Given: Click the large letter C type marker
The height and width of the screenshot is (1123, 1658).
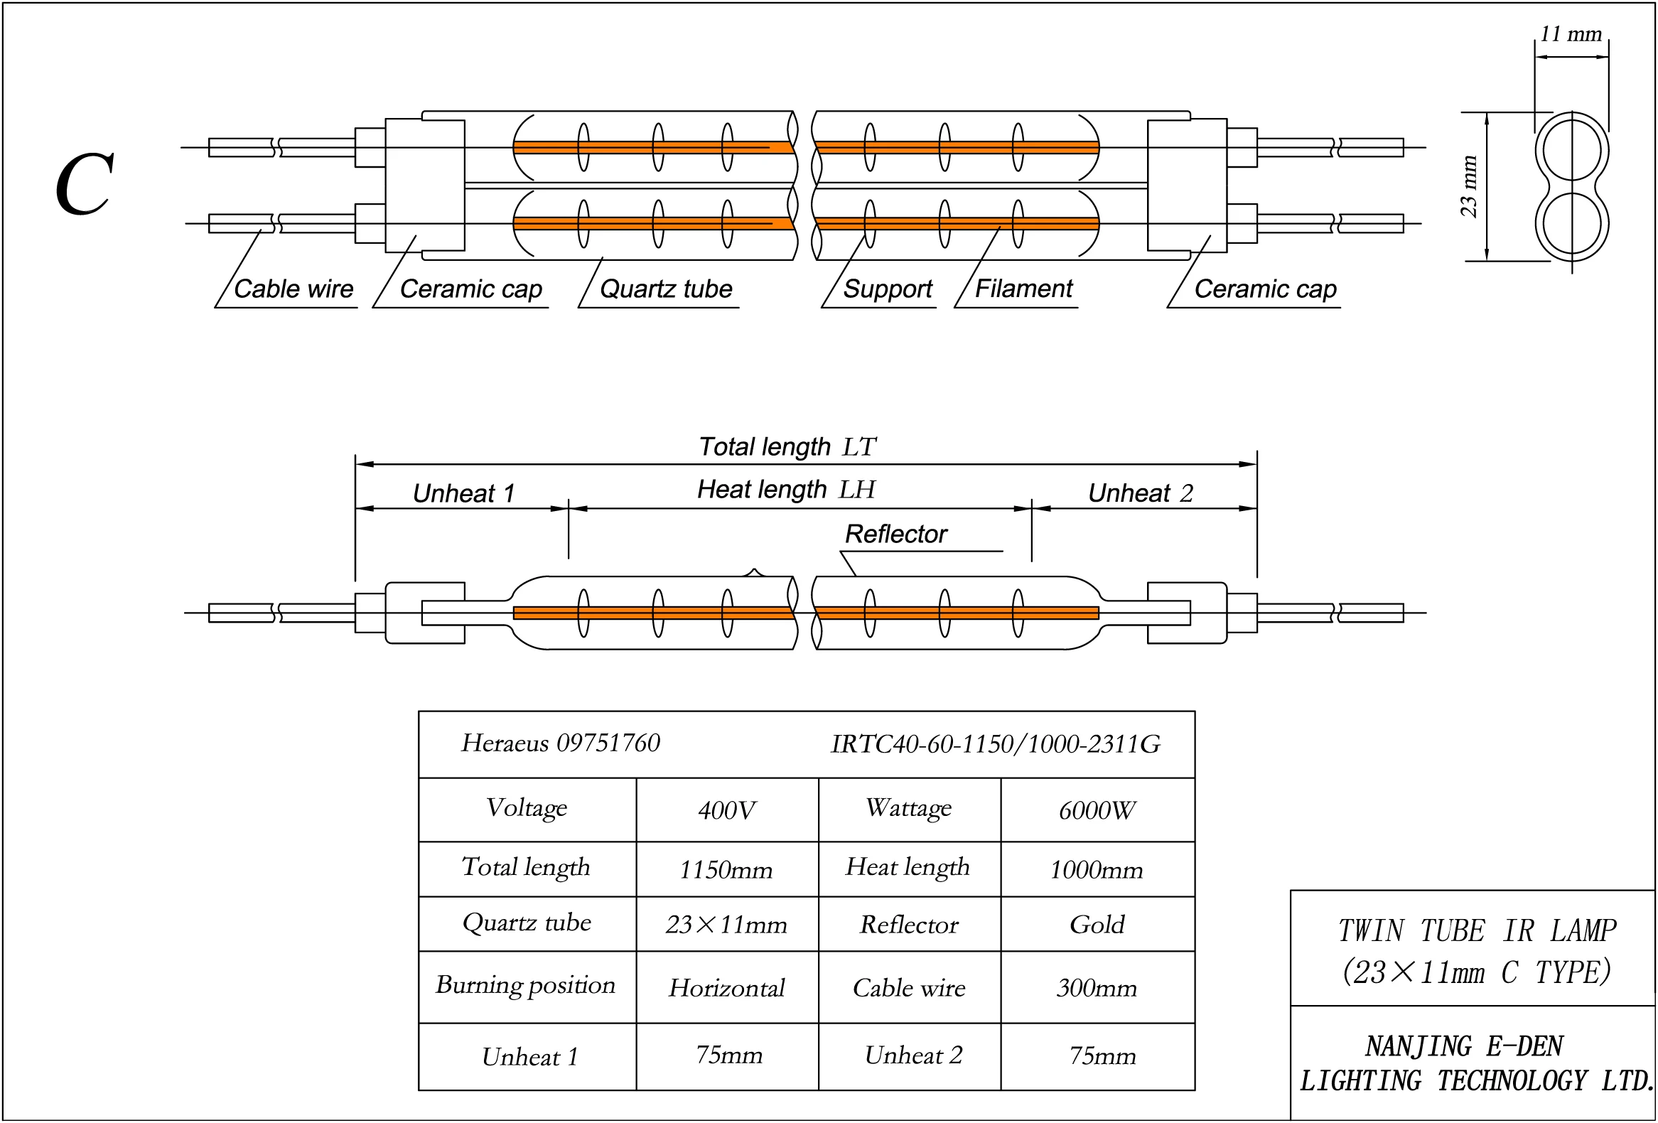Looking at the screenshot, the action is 85,183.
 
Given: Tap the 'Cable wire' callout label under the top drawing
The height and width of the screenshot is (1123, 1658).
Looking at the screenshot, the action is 294,289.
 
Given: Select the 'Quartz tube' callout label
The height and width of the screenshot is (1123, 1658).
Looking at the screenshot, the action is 666,289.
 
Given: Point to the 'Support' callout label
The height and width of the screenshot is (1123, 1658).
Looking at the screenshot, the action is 888,289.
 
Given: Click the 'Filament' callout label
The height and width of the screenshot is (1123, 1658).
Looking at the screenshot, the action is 1023,289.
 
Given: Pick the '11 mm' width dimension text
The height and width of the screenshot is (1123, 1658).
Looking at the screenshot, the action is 1571,33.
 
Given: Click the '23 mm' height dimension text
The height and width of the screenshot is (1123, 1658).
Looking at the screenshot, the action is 1468,186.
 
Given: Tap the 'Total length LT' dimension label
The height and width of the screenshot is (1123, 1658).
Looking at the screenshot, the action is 787,446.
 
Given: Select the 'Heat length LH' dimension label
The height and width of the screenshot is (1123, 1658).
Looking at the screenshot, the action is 786,490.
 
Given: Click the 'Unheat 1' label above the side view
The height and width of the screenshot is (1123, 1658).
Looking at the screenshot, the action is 464,493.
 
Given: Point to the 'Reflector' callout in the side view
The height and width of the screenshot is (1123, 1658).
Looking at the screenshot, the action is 896,534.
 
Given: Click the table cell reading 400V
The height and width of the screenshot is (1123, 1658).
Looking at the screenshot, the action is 727,810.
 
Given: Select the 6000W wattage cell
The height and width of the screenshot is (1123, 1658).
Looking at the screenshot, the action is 1097,810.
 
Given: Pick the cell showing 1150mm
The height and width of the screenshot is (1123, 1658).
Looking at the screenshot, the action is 726,870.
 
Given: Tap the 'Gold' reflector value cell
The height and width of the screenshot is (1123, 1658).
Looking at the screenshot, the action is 1097,925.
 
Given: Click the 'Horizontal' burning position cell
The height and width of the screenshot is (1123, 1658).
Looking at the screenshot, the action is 726,988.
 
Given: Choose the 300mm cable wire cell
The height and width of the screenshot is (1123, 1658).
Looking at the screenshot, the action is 1097,988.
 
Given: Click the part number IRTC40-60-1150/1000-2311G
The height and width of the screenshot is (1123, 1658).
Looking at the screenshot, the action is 996,744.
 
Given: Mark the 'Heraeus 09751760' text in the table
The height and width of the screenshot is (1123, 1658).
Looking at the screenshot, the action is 561,743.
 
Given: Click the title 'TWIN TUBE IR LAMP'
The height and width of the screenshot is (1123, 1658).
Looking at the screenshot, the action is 1477,930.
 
